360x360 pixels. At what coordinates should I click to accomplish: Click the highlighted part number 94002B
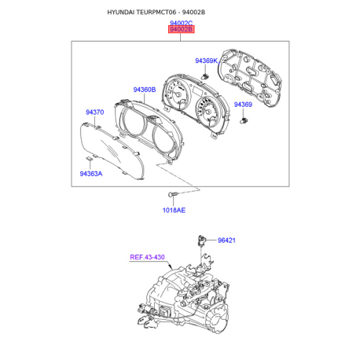click(181, 29)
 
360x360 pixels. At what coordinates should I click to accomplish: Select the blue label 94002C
click(181, 23)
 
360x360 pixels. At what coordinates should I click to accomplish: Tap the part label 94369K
click(206, 61)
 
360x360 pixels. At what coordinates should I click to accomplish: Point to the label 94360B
click(145, 90)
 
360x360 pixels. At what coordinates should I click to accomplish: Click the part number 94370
click(95, 112)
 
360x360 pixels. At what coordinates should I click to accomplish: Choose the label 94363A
click(91, 174)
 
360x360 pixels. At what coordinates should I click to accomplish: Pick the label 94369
click(243, 105)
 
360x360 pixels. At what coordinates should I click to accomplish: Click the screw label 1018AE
click(174, 210)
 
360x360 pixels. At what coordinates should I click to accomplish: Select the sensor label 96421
click(226, 241)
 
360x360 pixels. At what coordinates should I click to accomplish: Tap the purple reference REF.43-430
click(147, 257)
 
